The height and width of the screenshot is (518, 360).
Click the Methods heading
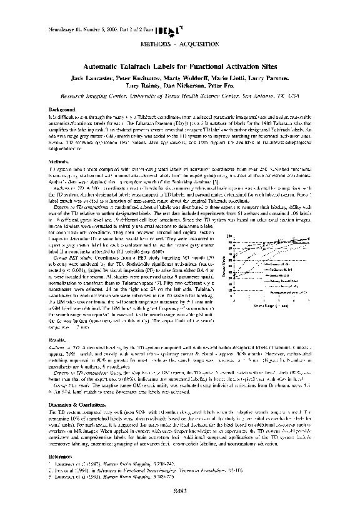[58, 160]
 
